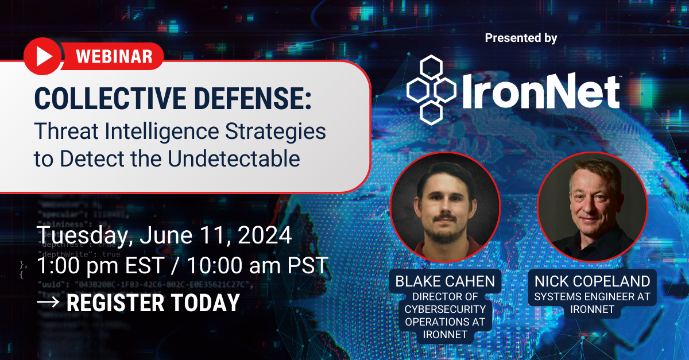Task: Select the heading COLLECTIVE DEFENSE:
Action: pyautogui.click(x=173, y=98)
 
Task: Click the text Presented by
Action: pyautogui.click(x=521, y=38)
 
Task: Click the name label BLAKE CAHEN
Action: pyautogui.click(x=445, y=281)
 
